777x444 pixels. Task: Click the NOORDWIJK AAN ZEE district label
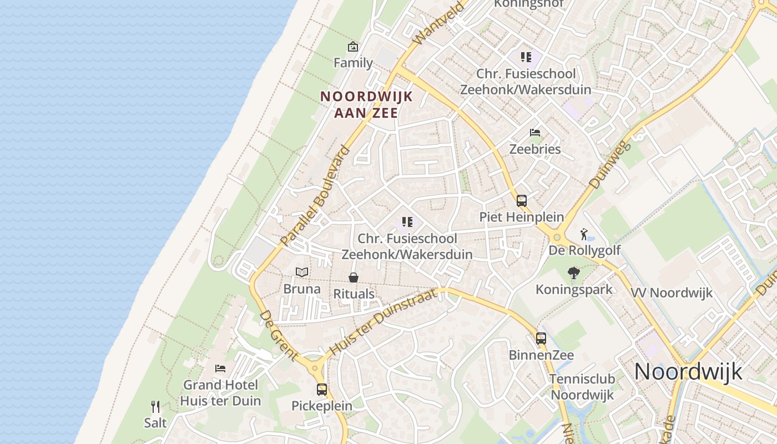tap(366, 104)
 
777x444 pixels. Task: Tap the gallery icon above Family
tap(353, 47)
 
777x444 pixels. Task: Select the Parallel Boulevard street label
tap(316, 195)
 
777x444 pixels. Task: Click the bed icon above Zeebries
tap(535, 133)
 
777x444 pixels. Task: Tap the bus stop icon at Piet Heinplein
tap(522, 200)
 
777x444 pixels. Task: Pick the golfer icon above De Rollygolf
tap(583, 234)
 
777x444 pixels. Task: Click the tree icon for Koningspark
tap(574, 273)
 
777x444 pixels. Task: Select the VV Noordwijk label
tap(672, 293)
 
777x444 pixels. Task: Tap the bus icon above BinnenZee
tap(541, 338)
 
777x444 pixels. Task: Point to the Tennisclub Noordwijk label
tap(582, 387)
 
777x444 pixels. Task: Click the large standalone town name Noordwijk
tap(688, 371)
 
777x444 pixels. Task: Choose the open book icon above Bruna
tap(302, 272)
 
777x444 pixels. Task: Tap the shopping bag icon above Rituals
tap(354, 277)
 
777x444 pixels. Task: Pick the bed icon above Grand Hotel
tap(220, 368)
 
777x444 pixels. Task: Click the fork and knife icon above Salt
tap(155, 407)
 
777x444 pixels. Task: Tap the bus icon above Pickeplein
tap(322, 389)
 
